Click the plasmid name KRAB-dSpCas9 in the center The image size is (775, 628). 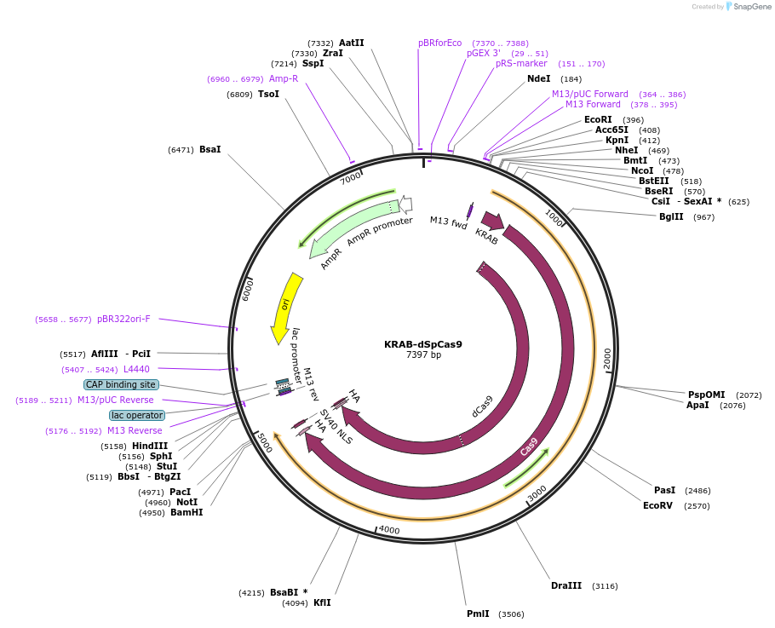423,344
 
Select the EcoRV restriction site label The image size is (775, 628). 657,505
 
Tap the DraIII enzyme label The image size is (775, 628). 566,585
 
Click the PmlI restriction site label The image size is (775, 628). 478,614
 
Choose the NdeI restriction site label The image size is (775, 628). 539,78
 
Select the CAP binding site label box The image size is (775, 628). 121,384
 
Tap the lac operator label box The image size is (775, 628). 136,415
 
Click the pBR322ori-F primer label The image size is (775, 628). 123,319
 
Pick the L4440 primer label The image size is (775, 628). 136,369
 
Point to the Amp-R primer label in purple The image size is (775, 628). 284,78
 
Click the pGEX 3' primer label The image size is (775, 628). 484,53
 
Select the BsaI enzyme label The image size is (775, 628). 210,149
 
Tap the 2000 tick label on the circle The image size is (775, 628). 606,358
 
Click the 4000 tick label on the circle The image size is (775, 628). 388,530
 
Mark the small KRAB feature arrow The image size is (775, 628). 492,221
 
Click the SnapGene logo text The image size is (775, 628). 752,6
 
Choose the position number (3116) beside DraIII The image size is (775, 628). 606,585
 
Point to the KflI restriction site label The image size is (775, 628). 322,602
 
